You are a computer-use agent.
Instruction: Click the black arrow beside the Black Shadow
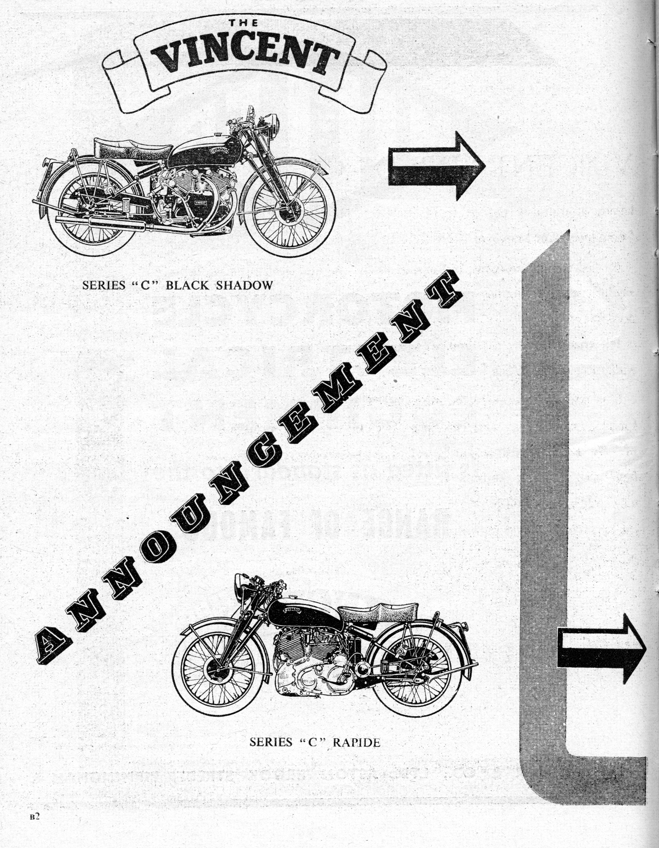click(x=436, y=166)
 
